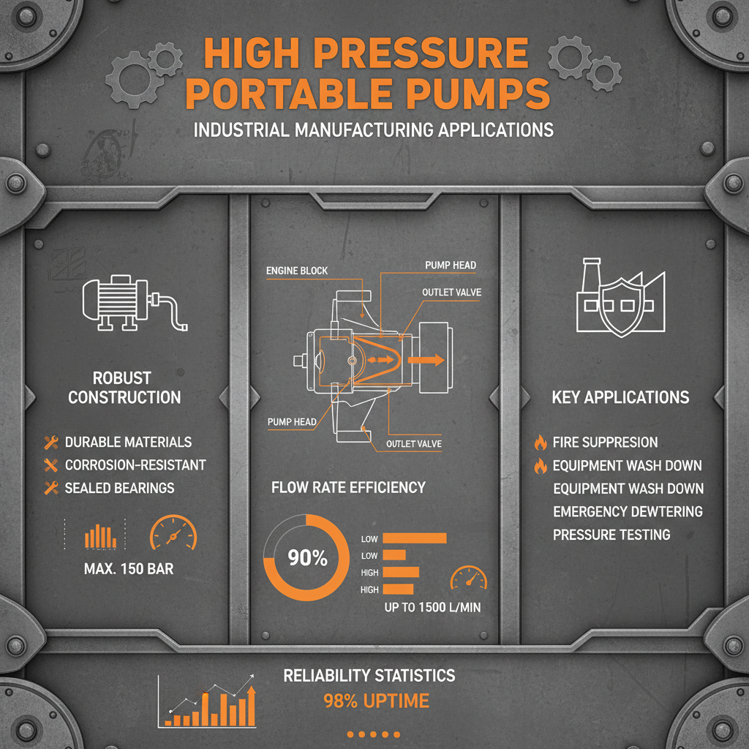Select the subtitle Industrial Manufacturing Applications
click(373, 130)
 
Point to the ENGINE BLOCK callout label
click(297, 271)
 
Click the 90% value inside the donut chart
click(307, 558)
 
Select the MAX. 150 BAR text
click(129, 568)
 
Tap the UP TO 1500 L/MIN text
click(432, 607)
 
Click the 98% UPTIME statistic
click(376, 701)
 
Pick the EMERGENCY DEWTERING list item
click(628, 511)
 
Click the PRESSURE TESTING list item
click(611, 535)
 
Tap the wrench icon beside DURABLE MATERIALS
click(51, 442)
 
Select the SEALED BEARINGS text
click(119, 488)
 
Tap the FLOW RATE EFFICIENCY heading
click(348, 487)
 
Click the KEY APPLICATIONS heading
click(620, 397)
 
